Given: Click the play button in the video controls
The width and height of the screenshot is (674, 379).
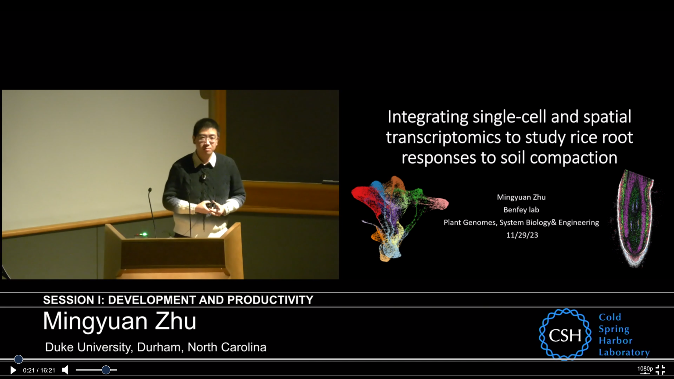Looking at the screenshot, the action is (13, 370).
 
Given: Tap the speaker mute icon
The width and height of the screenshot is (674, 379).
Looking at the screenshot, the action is (65, 370).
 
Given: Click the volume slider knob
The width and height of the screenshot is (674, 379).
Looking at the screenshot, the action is (106, 370).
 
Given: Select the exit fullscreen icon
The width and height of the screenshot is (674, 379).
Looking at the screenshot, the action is (660, 370).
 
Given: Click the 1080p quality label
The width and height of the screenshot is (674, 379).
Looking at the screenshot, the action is (645, 369).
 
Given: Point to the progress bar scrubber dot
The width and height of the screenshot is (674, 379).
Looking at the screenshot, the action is (19, 359).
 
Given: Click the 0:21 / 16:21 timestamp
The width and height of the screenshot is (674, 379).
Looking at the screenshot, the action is (39, 370).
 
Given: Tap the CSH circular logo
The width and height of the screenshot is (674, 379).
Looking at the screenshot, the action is (565, 334).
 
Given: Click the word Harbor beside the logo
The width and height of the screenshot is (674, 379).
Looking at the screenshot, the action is (615, 340).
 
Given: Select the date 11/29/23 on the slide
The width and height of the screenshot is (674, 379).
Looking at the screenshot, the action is (522, 235).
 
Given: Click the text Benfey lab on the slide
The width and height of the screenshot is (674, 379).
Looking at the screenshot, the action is (521, 210).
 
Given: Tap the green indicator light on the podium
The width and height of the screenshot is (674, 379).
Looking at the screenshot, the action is (145, 234).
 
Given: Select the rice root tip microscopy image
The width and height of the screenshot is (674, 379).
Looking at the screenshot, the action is (635, 218).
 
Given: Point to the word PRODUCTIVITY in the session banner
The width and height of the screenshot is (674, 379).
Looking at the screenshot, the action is (270, 300).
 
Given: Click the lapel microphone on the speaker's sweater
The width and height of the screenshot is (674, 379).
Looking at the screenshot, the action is (204, 177).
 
